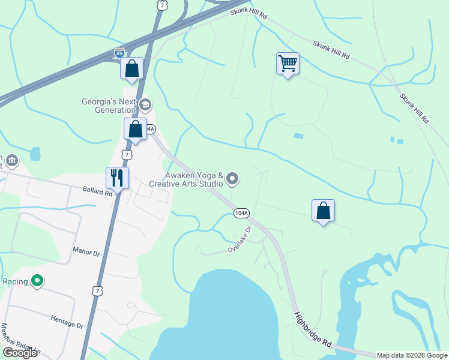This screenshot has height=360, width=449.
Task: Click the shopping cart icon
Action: pos(288,63)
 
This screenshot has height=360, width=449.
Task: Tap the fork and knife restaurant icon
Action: pos(117,178)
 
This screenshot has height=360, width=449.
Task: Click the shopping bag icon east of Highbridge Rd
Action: pos(323,210)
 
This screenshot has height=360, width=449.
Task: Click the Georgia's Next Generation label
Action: pos(109,106)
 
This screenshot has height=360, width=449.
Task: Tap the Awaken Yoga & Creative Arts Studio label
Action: pos(194,179)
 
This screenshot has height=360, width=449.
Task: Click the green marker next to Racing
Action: pos(37,280)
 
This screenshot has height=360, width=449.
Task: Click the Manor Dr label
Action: pos(85,254)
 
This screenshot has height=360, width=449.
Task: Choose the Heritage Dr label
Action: pos(67,321)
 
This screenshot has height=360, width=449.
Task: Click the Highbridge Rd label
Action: pos(313,327)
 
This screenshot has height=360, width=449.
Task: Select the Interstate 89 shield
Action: pos(119,53)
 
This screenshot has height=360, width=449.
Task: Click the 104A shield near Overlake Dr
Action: pos(241,213)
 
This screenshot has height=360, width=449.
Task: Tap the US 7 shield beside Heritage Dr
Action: pos(97,291)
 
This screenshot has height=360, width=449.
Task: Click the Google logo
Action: pos(20,353)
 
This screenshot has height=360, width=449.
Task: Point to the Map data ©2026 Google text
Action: pos(412,355)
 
